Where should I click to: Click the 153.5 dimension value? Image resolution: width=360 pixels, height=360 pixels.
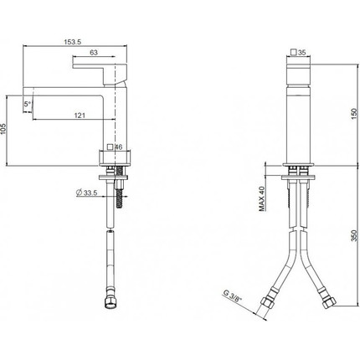pos(72,42)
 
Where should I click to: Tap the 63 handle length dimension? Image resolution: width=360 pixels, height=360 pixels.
pos(94,52)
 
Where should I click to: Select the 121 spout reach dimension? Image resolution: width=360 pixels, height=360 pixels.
pos(80,115)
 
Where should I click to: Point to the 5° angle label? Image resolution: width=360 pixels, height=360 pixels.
pos(28,104)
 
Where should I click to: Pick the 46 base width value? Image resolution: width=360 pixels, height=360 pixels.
pos(119,147)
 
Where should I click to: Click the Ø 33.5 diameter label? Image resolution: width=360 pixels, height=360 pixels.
pos(86,193)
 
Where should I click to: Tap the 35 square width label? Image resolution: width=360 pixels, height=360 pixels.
pos(302,52)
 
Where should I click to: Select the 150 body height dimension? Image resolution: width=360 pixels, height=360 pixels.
pos(354,114)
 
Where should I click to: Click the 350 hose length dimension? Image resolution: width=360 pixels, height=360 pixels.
pos(354,235)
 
